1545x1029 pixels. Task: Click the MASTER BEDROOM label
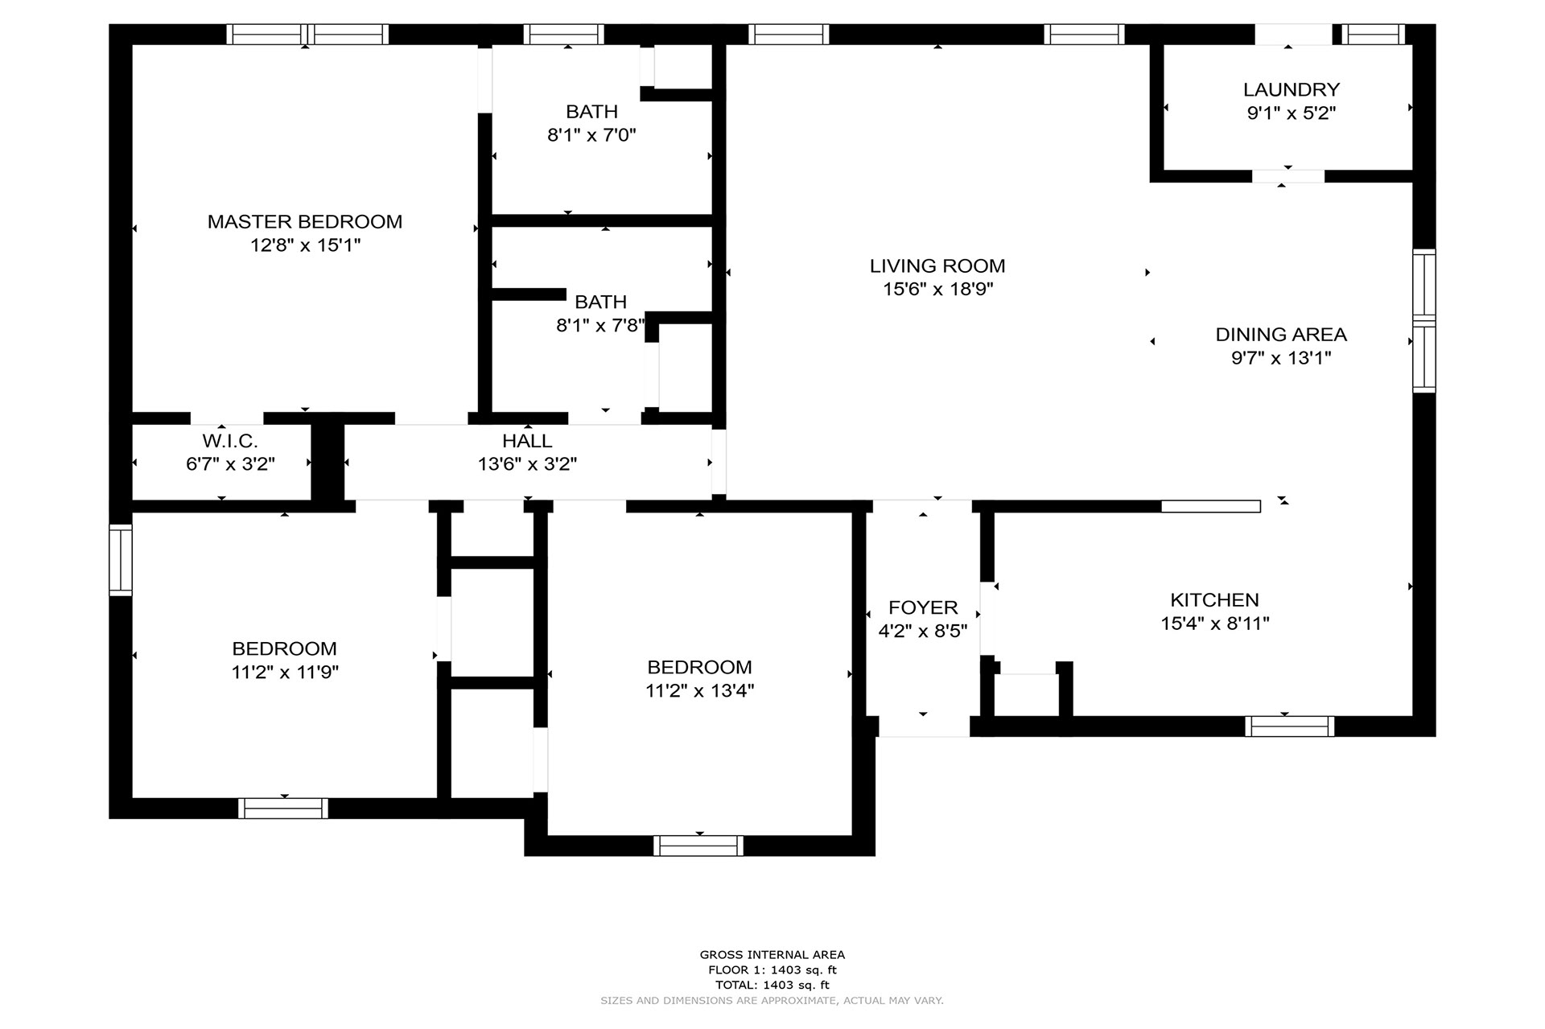(305, 221)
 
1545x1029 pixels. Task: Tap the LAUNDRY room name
(1292, 89)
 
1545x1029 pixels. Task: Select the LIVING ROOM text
(937, 265)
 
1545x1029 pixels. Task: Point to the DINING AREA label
(1281, 334)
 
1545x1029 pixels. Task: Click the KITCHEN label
(1214, 599)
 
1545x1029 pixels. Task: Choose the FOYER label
(923, 607)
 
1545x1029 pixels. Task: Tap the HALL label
(527, 441)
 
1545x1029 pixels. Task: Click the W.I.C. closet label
(230, 441)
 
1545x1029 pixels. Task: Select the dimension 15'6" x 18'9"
(937, 290)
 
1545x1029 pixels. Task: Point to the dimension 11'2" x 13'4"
(699, 691)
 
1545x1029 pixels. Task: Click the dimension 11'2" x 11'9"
(285, 673)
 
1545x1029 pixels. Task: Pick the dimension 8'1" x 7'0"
(591, 135)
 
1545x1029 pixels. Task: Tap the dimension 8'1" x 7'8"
(600, 326)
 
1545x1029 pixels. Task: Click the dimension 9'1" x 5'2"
(1292, 113)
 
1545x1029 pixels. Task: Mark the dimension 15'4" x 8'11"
(1215, 624)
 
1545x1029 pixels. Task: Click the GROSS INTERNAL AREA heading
(772, 955)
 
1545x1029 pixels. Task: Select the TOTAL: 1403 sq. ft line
(772, 985)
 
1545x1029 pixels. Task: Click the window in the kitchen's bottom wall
(1289, 726)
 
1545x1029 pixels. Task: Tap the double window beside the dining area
(1424, 321)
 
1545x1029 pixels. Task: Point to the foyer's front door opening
(924, 726)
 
